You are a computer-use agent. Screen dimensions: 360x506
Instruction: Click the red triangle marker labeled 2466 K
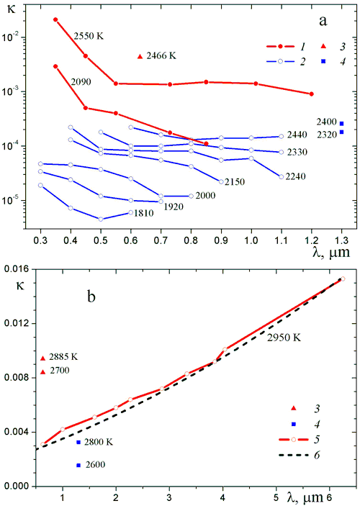coord(140,56)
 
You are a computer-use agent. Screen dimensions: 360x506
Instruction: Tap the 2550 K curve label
coord(89,36)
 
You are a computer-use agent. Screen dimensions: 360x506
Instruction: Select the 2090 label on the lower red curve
coord(81,81)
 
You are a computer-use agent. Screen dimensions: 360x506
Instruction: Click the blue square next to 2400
coord(341,124)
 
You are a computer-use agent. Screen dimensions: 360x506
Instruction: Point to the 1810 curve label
coord(144,213)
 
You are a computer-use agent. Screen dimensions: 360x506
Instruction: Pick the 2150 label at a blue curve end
coord(235,181)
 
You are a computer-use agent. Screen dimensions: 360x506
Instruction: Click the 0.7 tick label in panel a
coord(161,240)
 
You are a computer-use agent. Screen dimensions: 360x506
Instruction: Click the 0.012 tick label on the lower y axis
coord(19,323)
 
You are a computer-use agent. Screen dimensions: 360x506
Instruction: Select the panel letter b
coord(91,297)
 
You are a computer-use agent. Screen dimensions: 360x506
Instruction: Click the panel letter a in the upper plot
coord(323,22)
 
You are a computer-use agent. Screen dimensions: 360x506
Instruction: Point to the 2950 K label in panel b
coord(284,338)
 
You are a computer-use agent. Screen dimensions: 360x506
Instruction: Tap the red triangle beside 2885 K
coord(42,358)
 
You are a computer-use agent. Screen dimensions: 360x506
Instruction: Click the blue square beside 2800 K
coord(78,442)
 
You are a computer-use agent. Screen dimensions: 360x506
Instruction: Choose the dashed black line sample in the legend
coord(293,455)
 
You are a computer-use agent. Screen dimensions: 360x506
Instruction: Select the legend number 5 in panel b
coord(317,440)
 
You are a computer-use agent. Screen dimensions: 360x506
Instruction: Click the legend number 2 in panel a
coord(302,61)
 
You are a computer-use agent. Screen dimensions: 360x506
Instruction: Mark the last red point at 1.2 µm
coord(312,94)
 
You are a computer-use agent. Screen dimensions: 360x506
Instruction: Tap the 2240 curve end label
coord(295,176)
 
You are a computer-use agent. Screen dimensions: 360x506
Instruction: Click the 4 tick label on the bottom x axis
coord(222,497)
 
